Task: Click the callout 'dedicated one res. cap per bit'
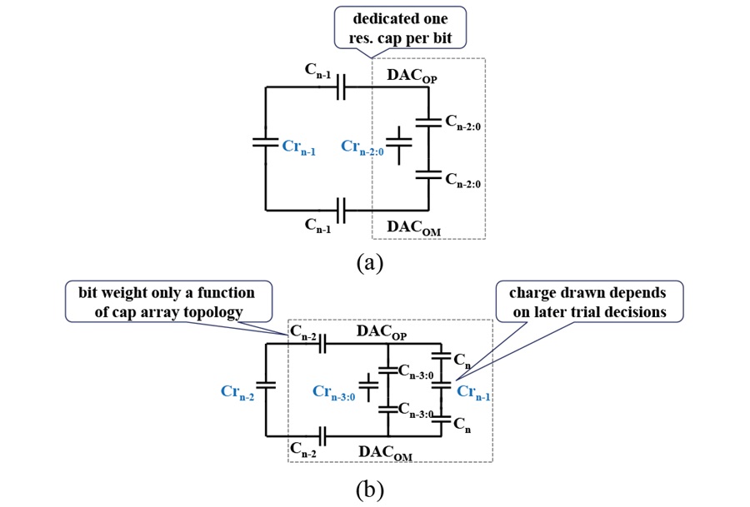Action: point(400,27)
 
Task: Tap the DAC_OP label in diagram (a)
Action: point(412,76)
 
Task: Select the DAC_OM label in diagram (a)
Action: point(413,227)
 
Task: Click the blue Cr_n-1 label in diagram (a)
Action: point(298,147)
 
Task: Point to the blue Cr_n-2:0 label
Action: point(362,147)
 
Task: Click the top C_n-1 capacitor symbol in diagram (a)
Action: point(341,87)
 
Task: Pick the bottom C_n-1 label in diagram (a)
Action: point(317,226)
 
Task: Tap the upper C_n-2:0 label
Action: point(462,122)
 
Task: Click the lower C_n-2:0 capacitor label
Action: point(462,180)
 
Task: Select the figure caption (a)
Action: point(370,262)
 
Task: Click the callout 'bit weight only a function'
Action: point(168,301)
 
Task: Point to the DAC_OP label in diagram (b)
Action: point(382,332)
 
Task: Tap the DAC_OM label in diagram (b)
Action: point(385,453)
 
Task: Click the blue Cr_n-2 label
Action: point(237,392)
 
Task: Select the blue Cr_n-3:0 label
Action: point(334,392)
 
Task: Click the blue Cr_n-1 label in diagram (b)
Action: point(473,392)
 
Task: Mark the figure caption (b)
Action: point(370,490)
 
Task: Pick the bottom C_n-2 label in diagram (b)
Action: point(303,450)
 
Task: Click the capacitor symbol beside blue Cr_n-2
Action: point(266,385)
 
